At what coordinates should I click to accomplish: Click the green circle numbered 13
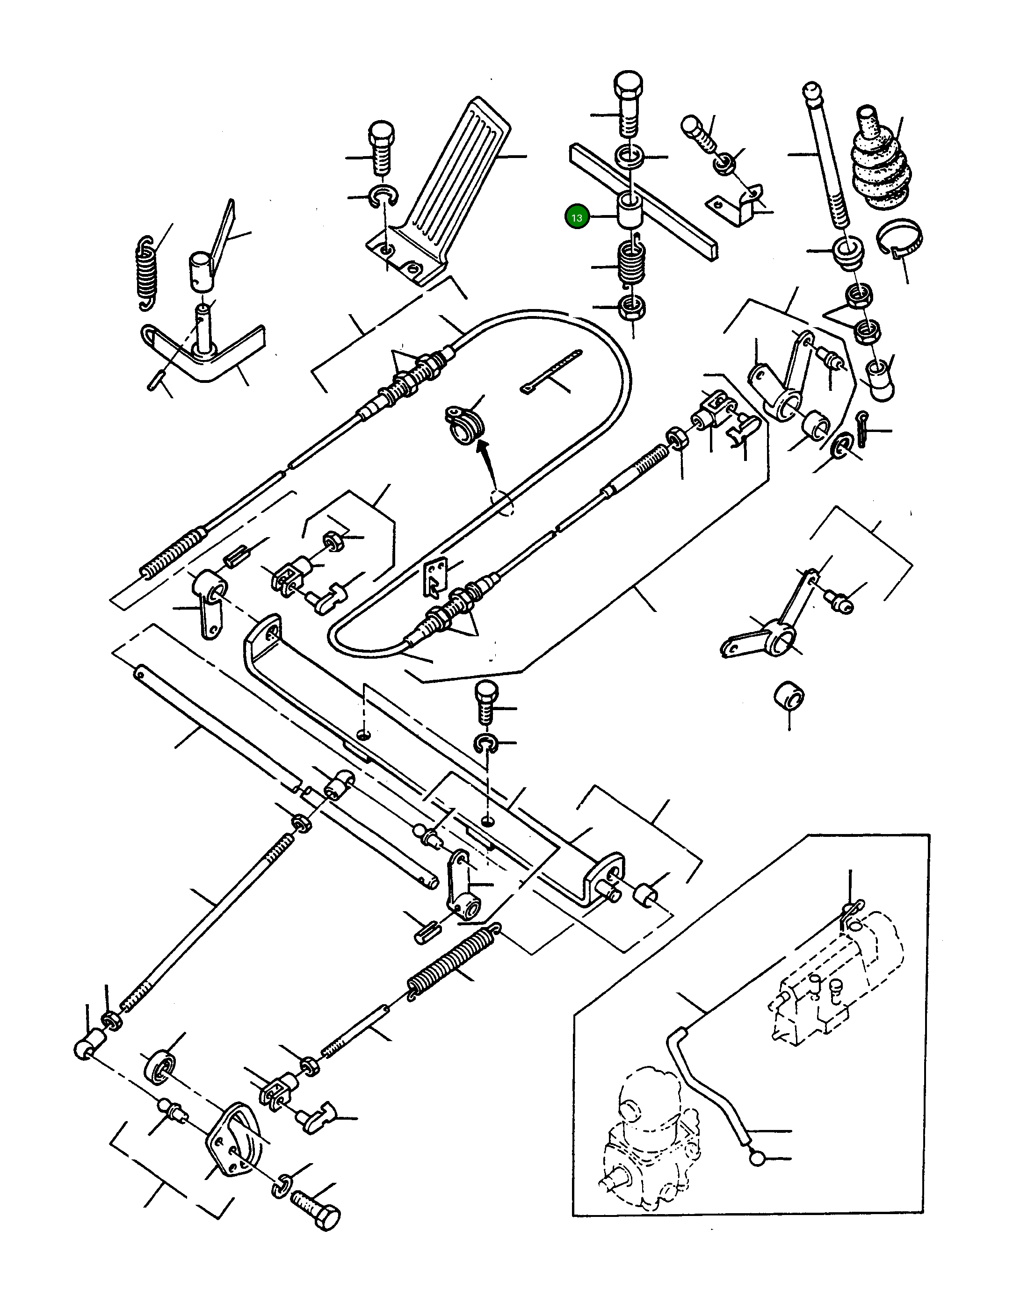[x=577, y=217]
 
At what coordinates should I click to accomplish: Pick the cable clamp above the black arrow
[x=466, y=424]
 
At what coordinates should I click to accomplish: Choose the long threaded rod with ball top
[x=826, y=156]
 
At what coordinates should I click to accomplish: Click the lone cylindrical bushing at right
[x=789, y=696]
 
